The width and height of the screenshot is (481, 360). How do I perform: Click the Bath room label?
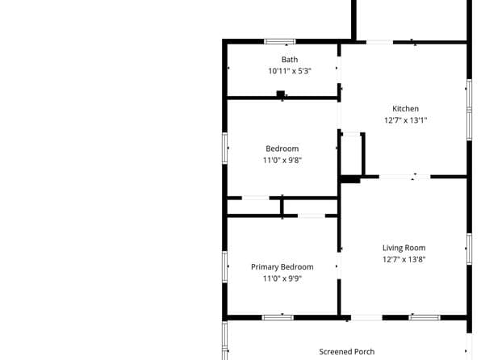point(290,60)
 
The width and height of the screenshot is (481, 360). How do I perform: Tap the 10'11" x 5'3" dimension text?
point(290,71)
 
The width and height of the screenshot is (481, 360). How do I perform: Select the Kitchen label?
point(405,109)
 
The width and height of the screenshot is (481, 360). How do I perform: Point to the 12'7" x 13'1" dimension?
point(405,120)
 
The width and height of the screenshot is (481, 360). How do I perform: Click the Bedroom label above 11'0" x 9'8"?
point(282,149)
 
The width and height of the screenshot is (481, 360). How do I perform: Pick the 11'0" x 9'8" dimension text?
point(282,160)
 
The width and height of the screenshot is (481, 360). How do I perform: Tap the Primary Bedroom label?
point(282,267)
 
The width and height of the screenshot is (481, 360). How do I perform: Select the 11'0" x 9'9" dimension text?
point(282,278)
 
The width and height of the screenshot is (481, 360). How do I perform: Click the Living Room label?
point(404,248)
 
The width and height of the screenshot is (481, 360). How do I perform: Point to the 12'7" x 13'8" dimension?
point(404,259)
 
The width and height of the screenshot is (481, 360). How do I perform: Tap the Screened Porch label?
point(347,352)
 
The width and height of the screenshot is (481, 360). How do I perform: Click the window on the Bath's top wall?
point(280,41)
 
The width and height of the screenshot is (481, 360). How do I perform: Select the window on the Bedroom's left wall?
point(225,149)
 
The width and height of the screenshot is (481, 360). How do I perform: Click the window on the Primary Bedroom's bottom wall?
point(277,317)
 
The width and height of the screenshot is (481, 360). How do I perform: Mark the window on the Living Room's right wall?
point(468,249)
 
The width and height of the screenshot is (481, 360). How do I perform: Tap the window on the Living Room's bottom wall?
point(424,317)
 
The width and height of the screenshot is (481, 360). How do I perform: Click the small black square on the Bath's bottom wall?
point(280,94)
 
